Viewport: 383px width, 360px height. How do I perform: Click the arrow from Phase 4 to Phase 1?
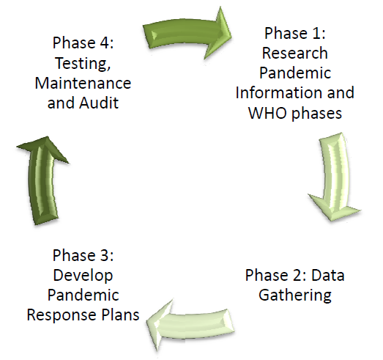click(x=187, y=33)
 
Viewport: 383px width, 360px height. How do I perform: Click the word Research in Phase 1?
click(x=295, y=53)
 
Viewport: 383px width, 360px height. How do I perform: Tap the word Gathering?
click(x=295, y=295)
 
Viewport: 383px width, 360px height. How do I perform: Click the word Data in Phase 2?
click(x=327, y=275)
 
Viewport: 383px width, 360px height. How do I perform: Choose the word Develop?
click(x=83, y=276)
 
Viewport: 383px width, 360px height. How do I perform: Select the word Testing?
click(x=83, y=64)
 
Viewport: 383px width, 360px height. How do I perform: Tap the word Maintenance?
click(x=83, y=83)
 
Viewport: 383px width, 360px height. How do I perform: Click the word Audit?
click(x=99, y=103)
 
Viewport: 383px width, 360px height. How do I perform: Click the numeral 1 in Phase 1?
click(x=316, y=33)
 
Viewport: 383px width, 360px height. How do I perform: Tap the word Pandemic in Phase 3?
click(x=83, y=295)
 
